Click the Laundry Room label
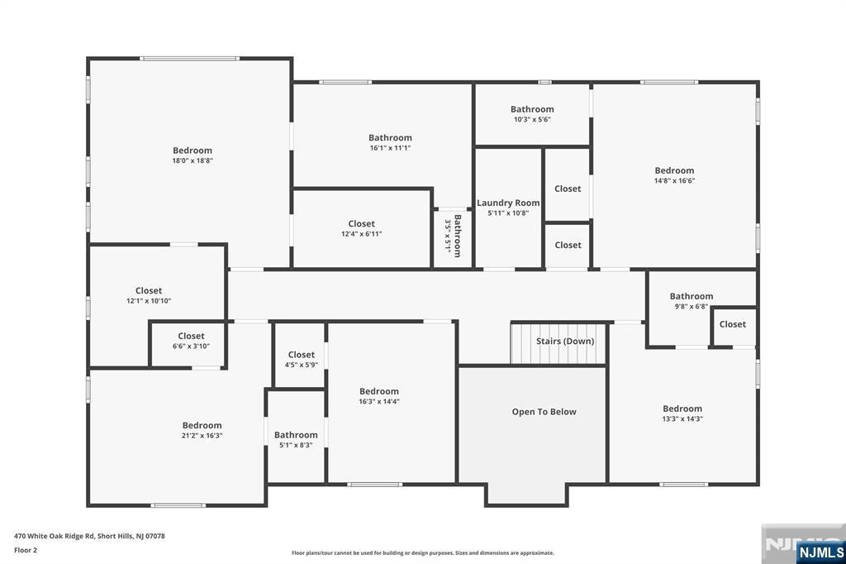[508, 203]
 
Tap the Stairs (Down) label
[565, 342]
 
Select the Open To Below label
[544, 412]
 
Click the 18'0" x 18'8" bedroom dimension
[192, 160]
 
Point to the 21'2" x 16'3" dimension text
[202, 436]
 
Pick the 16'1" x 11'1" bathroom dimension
[390, 148]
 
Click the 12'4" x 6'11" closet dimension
[362, 234]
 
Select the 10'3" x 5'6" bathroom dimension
[532, 119]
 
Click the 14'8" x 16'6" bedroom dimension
[674, 181]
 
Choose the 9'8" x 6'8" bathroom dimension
[692, 306]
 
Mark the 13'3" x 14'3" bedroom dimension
[682, 418]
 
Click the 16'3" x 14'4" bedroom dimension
[379, 401]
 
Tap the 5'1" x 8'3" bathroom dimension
[296, 445]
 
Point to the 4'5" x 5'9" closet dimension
[301, 366]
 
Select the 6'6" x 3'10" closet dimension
[191, 347]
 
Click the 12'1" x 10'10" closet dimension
[149, 301]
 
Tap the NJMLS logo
[820, 552]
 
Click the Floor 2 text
[26, 551]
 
